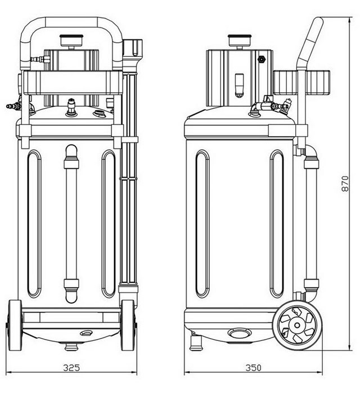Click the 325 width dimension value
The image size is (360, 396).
[x=71, y=368]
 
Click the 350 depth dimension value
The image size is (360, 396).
[x=253, y=368]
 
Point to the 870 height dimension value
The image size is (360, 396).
[x=345, y=183]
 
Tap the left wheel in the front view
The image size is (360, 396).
[x=15, y=325]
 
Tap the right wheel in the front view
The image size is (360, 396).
[x=128, y=325]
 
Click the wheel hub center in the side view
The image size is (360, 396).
[x=298, y=325]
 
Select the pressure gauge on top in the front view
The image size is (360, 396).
[x=71, y=42]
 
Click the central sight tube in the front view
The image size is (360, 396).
[x=71, y=224]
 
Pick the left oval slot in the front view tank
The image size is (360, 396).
[x=34, y=224]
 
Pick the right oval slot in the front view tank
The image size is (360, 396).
[x=109, y=224]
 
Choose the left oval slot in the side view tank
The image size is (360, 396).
[x=202, y=224]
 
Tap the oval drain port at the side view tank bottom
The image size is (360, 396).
[x=238, y=333]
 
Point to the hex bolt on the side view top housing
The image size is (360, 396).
[x=261, y=60]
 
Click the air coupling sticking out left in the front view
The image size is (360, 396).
[x=13, y=106]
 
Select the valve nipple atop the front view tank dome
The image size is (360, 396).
[x=71, y=107]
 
